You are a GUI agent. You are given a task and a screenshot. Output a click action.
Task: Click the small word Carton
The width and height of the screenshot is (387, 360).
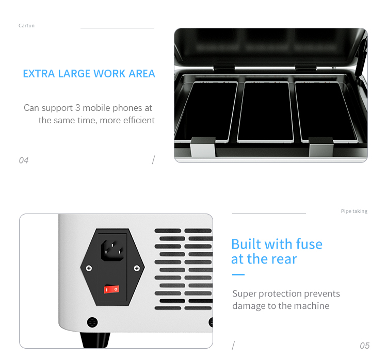pos(26,26)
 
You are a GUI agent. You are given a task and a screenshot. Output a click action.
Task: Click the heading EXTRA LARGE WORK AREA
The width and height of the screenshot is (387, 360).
pos(89,74)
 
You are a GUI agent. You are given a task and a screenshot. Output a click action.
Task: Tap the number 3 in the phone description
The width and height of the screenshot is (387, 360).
pos(77,108)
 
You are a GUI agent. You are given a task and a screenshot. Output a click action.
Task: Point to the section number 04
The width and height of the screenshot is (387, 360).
pos(24,160)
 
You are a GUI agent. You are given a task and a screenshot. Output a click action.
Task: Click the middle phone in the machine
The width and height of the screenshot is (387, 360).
pos(265,112)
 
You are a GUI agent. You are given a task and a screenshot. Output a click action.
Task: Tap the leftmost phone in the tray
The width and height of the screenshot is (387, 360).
pos(206,112)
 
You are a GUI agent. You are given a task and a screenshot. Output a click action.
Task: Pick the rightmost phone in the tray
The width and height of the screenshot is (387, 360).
pos(327,112)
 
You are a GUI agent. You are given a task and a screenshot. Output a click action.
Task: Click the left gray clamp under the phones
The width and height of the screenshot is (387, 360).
pos(203,147)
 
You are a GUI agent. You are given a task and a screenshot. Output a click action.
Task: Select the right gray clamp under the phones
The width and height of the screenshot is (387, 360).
pos(321,147)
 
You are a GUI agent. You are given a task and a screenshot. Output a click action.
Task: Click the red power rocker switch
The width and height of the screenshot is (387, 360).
pos(111,289)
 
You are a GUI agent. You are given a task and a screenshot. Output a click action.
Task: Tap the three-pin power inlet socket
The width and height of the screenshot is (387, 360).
pos(112,251)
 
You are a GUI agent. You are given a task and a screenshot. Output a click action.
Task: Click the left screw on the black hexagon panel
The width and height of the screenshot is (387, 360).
pos(89,268)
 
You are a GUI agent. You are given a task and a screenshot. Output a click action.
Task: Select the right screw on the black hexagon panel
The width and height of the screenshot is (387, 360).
pos(137,268)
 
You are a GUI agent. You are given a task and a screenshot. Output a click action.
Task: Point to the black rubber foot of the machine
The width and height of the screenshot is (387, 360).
pos(95,340)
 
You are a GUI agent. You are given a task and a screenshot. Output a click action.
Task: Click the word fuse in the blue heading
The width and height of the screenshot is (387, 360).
pos(309,244)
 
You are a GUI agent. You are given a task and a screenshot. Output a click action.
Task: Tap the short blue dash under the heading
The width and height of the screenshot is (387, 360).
pos(238,274)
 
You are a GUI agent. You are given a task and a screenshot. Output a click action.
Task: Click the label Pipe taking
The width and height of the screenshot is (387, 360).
pos(354,211)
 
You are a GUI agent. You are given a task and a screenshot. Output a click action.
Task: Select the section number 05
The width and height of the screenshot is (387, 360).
pos(364,346)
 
